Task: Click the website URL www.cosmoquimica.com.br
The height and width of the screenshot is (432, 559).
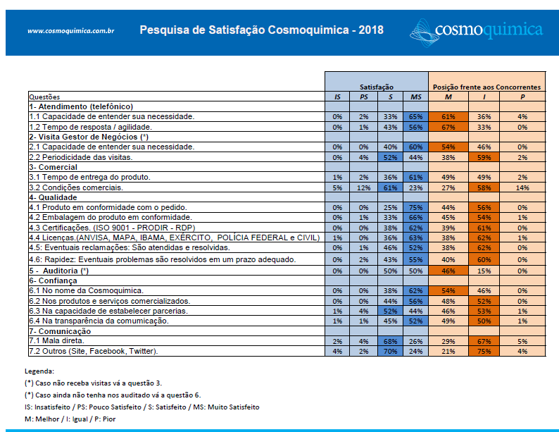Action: click(x=71, y=31)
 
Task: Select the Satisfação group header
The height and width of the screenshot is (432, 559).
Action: click(x=377, y=87)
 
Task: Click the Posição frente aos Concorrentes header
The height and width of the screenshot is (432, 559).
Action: click(x=486, y=87)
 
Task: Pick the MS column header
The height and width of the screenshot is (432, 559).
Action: click(x=415, y=97)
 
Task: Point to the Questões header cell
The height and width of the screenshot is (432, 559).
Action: click(x=44, y=97)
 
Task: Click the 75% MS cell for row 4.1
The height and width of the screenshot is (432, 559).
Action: click(x=415, y=208)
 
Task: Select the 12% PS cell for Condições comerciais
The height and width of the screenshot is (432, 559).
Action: click(x=364, y=187)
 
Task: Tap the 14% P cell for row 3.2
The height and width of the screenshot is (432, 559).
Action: click(x=522, y=187)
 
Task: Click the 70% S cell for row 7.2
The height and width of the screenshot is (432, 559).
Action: click(x=390, y=352)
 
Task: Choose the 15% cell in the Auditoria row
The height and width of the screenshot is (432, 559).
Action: click(x=484, y=271)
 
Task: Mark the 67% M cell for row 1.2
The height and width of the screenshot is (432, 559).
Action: click(x=448, y=127)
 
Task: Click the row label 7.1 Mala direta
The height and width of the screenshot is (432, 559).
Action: click(x=57, y=340)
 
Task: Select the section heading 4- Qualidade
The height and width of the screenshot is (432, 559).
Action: click(x=53, y=197)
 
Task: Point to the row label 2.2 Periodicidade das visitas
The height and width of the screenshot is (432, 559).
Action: click(x=81, y=157)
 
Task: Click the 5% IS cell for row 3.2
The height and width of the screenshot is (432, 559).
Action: click(x=337, y=187)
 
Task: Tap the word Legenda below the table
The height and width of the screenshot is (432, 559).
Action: click(x=39, y=371)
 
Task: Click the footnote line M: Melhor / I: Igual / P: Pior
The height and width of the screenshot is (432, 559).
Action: click(x=70, y=419)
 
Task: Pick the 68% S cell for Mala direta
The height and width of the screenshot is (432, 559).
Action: click(x=390, y=341)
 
